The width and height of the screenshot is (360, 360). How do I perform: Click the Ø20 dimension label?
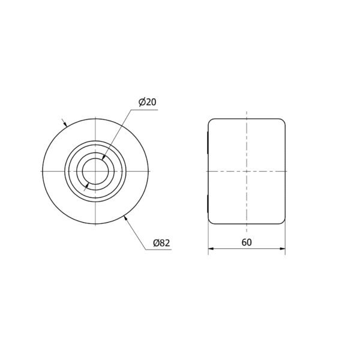pyautogui.click(x=148, y=102)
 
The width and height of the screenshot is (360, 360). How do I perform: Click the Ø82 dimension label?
pyautogui.click(x=161, y=243)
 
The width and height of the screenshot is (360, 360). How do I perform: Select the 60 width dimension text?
pyautogui.click(x=247, y=242)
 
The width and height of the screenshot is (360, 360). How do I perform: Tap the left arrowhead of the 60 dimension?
pyautogui.click(x=211, y=248)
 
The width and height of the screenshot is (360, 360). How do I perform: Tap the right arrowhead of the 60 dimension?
pyautogui.click(x=283, y=248)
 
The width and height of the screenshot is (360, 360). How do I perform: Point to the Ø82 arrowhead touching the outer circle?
pyautogui.click(x=125, y=218)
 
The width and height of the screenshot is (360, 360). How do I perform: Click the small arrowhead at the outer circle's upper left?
pyautogui.click(x=65, y=124)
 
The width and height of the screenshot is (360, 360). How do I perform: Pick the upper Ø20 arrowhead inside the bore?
pyautogui.click(x=103, y=157)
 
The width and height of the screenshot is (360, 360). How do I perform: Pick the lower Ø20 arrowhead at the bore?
pyautogui.click(x=88, y=185)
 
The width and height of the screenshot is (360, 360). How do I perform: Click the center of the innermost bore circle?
pyautogui.click(x=95, y=171)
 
